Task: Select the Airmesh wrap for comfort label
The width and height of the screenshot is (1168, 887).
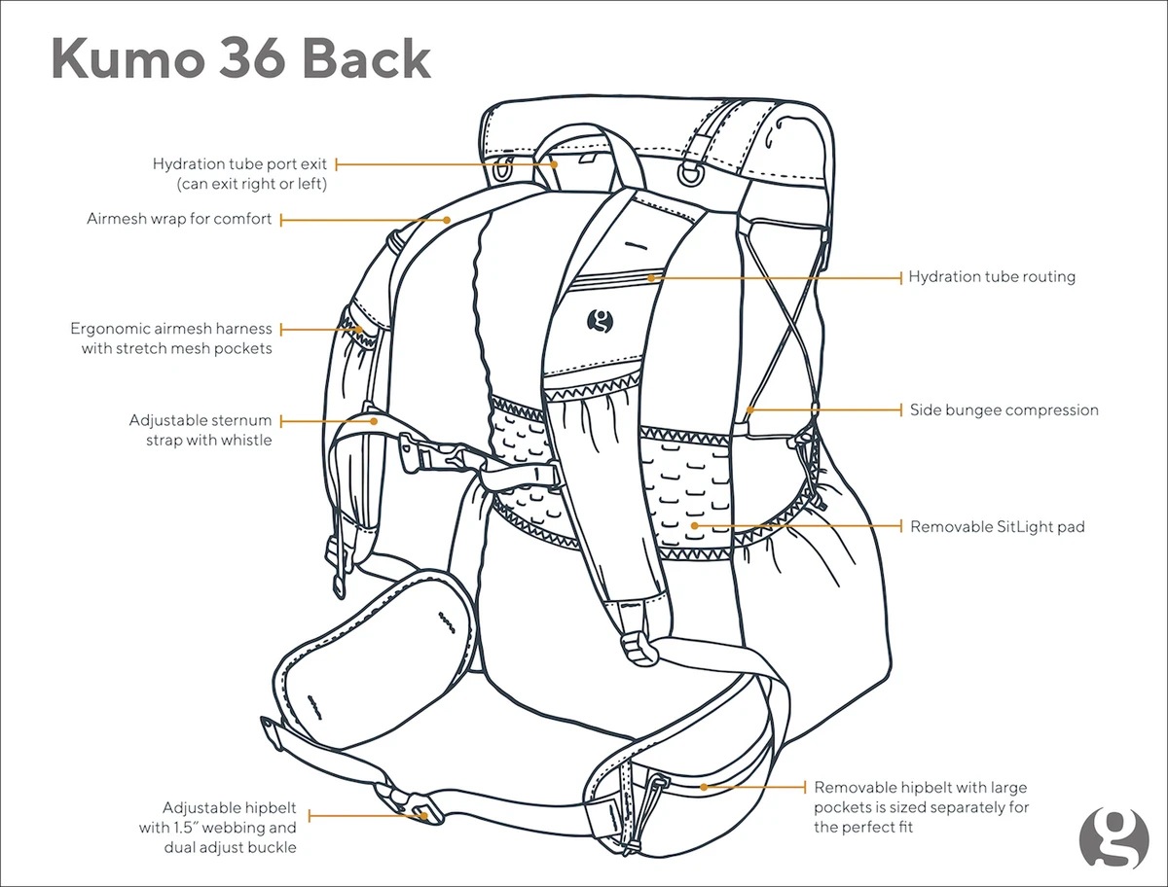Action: click(x=179, y=220)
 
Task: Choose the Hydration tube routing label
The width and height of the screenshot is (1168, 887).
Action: click(x=992, y=277)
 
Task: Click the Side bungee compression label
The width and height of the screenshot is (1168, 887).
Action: click(x=1004, y=410)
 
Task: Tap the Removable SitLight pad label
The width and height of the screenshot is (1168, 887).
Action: click(x=997, y=527)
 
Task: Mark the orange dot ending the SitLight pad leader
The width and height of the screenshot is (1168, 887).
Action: click(x=695, y=526)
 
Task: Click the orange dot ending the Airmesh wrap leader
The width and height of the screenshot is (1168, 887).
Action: click(x=447, y=220)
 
